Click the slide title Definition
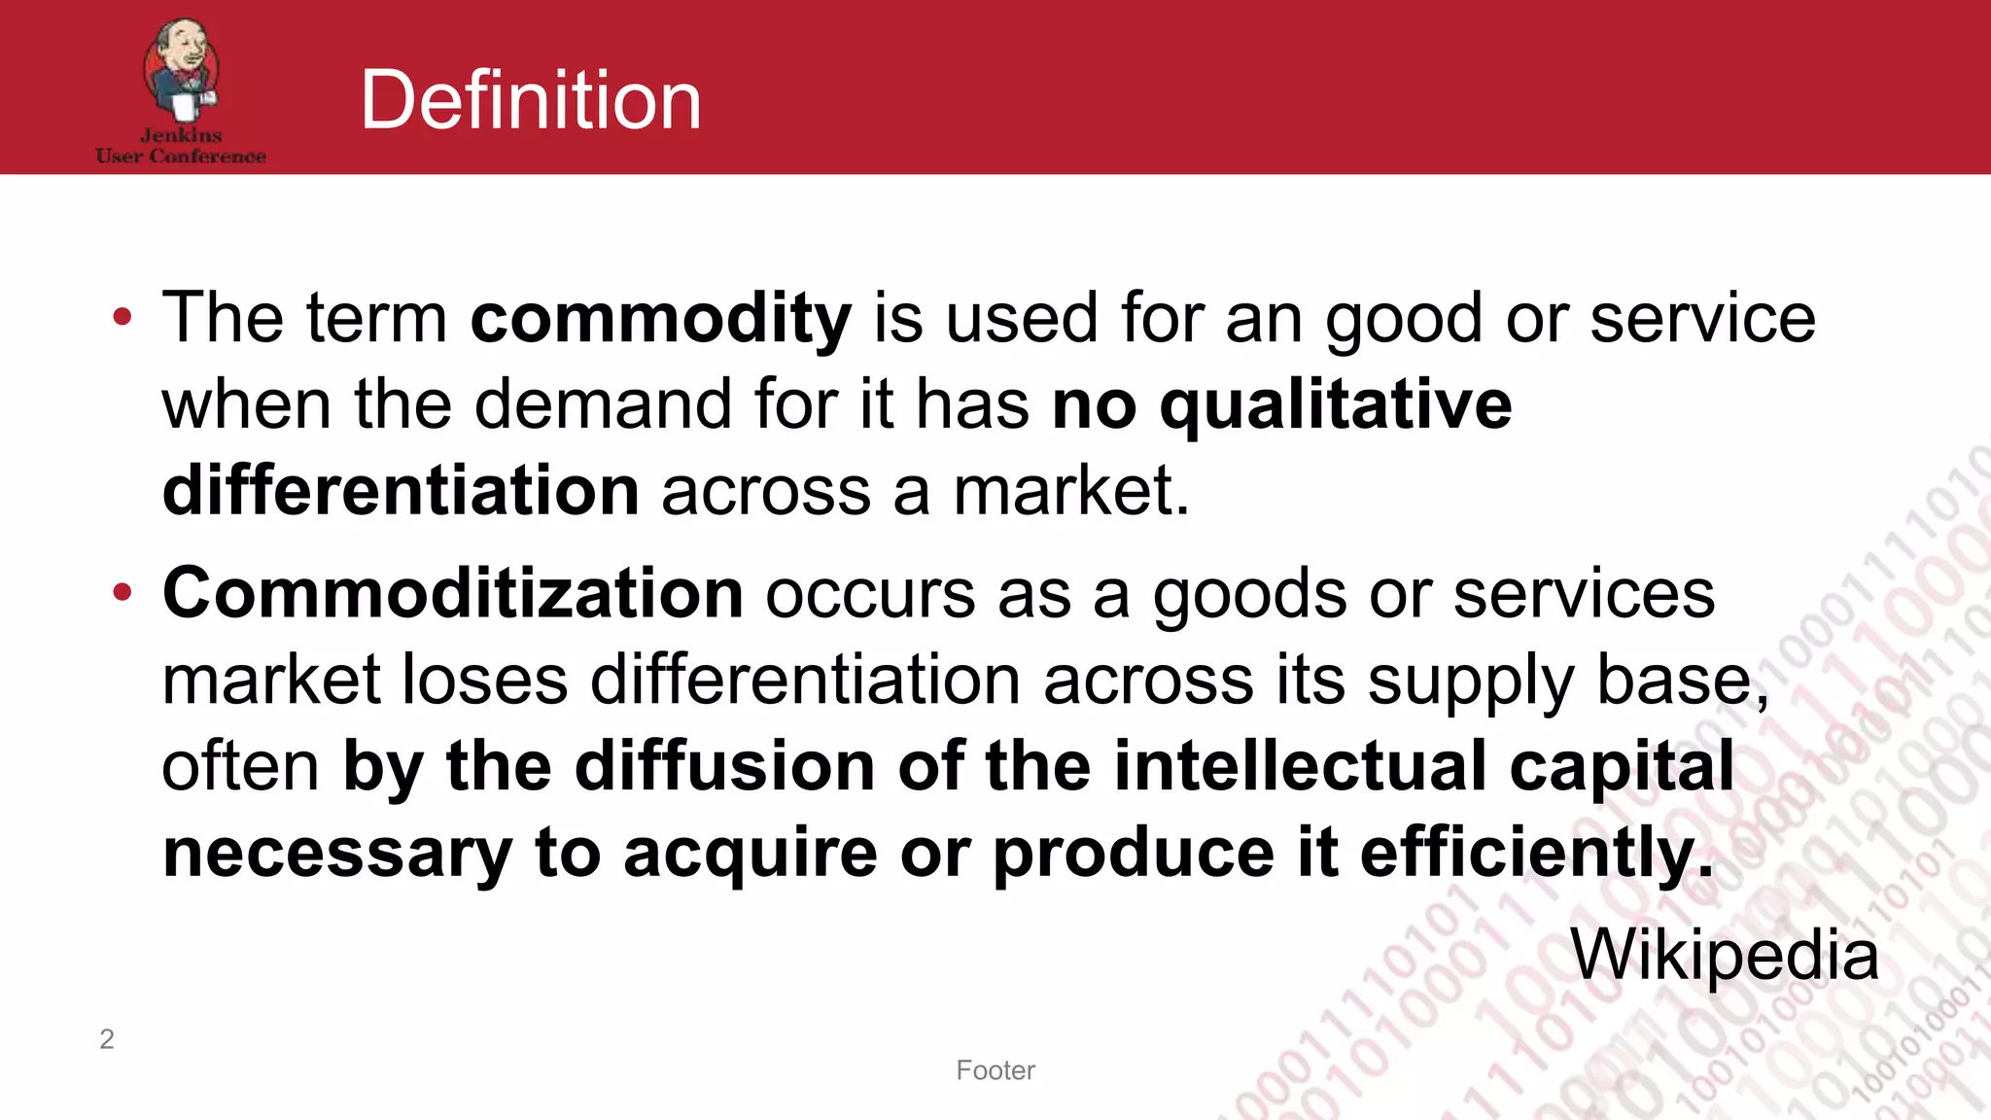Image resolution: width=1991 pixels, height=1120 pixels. coord(530,100)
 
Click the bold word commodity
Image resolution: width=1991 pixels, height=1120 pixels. coord(661,318)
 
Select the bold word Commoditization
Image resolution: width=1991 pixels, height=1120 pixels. coord(453,593)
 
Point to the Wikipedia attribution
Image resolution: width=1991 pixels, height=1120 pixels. coord(1725,955)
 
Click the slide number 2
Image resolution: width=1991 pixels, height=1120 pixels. coord(107,1039)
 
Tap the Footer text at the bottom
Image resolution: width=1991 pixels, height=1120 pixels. coord(995,1070)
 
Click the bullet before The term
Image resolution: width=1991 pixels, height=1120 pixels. coord(122,318)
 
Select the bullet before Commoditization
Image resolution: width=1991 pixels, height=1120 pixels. coord(122,593)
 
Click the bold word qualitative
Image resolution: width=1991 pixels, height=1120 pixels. coord(1336,404)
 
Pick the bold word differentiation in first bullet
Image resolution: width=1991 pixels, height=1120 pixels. coord(401,490)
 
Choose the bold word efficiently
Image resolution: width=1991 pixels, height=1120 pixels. coord(1536,852)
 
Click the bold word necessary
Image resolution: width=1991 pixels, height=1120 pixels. coord(337,853)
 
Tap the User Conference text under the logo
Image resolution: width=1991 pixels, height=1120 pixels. coord(181,157)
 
